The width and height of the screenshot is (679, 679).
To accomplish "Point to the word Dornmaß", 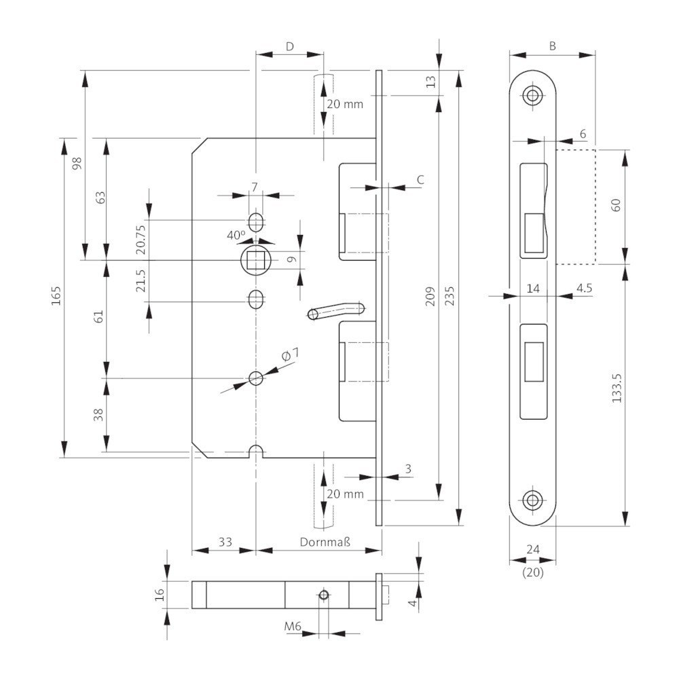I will point(325,542).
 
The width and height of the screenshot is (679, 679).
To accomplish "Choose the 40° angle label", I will point(236,235).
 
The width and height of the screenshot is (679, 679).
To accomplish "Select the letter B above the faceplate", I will point(553,46).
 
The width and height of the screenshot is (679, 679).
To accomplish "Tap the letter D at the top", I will point(289,46).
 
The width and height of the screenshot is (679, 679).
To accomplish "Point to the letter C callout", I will point(420,179).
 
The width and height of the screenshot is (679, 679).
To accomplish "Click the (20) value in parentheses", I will point(532,572).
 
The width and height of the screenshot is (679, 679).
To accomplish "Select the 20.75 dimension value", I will point(141,239).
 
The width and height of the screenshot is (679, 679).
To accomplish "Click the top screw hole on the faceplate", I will point(532,95).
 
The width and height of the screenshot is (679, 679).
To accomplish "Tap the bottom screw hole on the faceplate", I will point(532,501).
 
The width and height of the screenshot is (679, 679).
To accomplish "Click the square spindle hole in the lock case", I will point(256,259).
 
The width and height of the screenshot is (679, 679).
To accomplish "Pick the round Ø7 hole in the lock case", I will point(256,378).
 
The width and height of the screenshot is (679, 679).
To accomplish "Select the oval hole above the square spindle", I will point(256,221).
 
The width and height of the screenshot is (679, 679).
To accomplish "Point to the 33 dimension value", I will point(225,542).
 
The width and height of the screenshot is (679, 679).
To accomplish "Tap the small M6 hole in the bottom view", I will point(324,595).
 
